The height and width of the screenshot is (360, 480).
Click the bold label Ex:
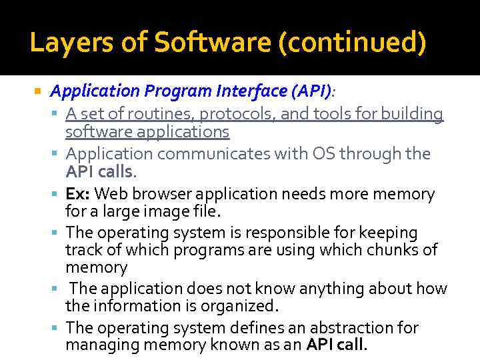click(x=79, y=194)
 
